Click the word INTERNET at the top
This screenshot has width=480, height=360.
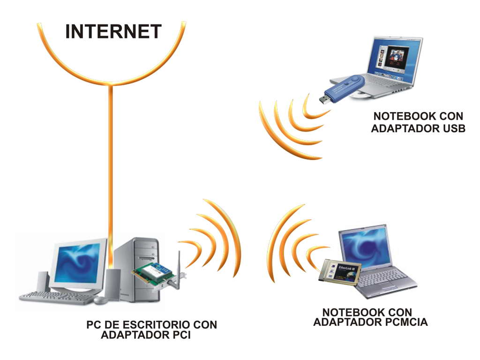[x=113, y=32]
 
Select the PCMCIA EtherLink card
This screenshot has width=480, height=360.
[x=340, y=272]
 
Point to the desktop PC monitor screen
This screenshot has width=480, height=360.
[x=77, y=263]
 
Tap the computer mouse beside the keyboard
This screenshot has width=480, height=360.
[x=99, y=299]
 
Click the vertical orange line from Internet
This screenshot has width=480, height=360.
[x=111, y=164]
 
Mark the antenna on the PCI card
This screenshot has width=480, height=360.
[x=178, y=262]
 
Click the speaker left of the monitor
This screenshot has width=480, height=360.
[x=43, y=281]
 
